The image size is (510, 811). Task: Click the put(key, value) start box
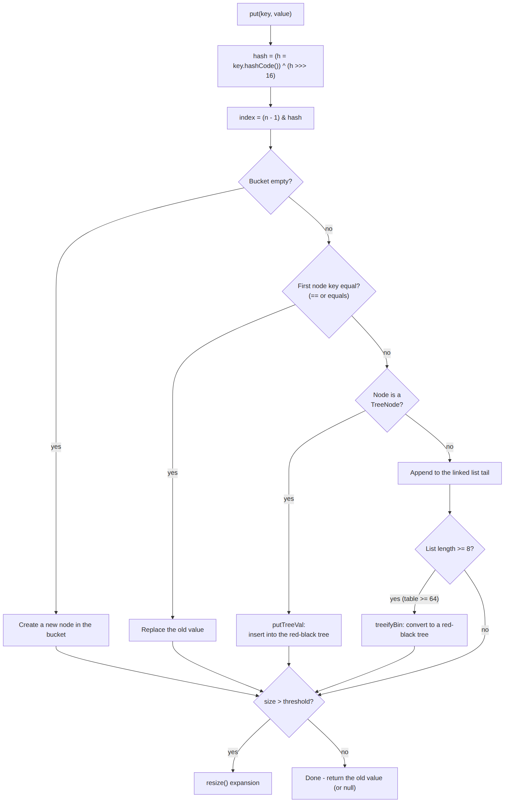click(270, 14)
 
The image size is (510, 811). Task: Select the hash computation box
click(270, 66)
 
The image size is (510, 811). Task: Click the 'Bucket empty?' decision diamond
click(271, 181)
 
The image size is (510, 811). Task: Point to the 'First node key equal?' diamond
click(329, 291)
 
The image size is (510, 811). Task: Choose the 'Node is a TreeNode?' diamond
click(387, 400)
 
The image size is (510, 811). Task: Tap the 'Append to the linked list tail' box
click(450, 473)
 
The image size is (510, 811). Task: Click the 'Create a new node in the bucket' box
click(56, 630)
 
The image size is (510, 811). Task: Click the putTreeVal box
click(289, 630)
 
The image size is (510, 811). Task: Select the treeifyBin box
click(414, 630)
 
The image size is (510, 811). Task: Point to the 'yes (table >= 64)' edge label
click(414, 599)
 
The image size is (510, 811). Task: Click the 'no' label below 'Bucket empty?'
click(329, 229)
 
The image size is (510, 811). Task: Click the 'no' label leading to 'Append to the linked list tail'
click(450, 447)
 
